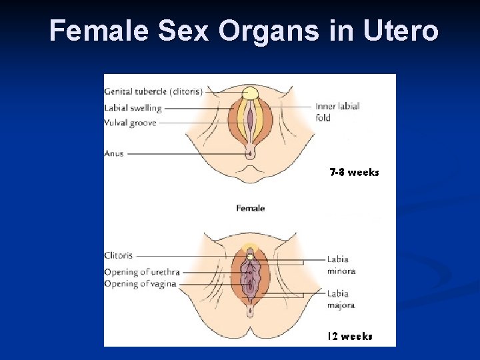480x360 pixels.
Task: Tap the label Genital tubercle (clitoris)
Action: (x=153, y=91)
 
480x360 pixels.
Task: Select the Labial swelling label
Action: (x=133, y=107)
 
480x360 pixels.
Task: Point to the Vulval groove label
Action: (x=130, y=123)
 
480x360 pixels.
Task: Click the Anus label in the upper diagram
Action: (x=114, y=153)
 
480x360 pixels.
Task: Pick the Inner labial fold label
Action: (x=337, y=111)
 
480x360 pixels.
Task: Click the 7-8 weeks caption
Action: (x=354, y=173)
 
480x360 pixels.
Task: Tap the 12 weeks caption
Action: (x=349, y=337)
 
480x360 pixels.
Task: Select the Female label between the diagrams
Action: (x=250, y=208)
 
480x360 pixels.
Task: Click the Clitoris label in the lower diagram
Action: (x=118, y=255)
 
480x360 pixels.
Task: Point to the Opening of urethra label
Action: (x=141, y=272)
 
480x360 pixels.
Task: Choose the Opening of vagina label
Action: (x=140, y=283)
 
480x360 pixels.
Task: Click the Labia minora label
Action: (x=341, y=265)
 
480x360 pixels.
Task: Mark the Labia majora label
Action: (x=341, y=299)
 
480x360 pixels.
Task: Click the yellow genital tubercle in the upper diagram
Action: (x=250, y=93)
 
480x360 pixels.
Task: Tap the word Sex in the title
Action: (x=177, y=31)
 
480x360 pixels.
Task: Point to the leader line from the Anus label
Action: (x=187, y=154)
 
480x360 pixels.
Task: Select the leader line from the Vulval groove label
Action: (x=200, y=123)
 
